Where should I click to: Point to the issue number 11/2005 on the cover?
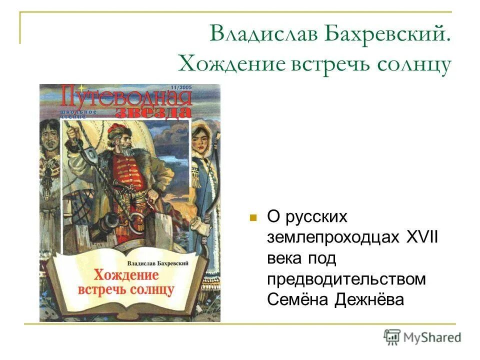coord(180,88)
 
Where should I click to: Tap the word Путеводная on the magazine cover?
coord(125,96)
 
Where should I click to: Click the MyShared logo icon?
coord(391,336)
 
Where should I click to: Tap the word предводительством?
coord(346,278)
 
